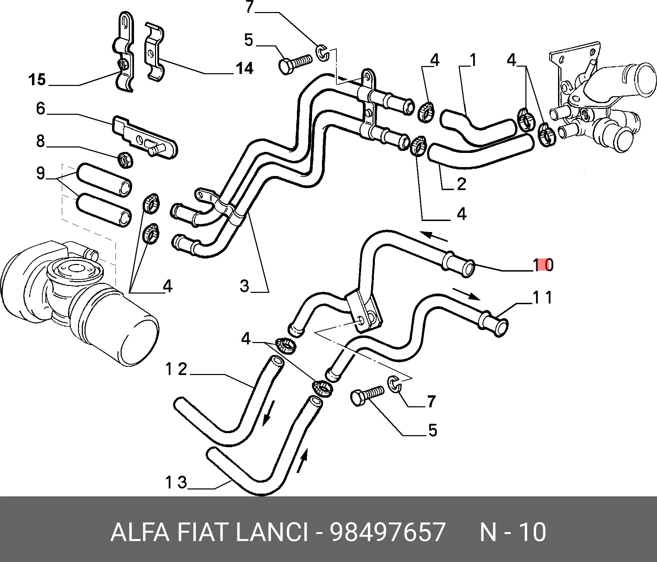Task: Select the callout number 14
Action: [244, 68]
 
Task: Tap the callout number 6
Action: [41, 109]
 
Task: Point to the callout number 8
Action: [41, 141]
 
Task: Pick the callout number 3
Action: [244, 286]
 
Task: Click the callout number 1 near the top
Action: [473, 60]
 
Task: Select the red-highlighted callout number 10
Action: [543, 265]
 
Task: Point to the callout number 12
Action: [176, 370]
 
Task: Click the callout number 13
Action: [176, 483]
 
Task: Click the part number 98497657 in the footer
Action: [387, 532]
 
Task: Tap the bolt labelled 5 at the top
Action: [294, 64]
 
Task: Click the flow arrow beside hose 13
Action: [302, 460]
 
